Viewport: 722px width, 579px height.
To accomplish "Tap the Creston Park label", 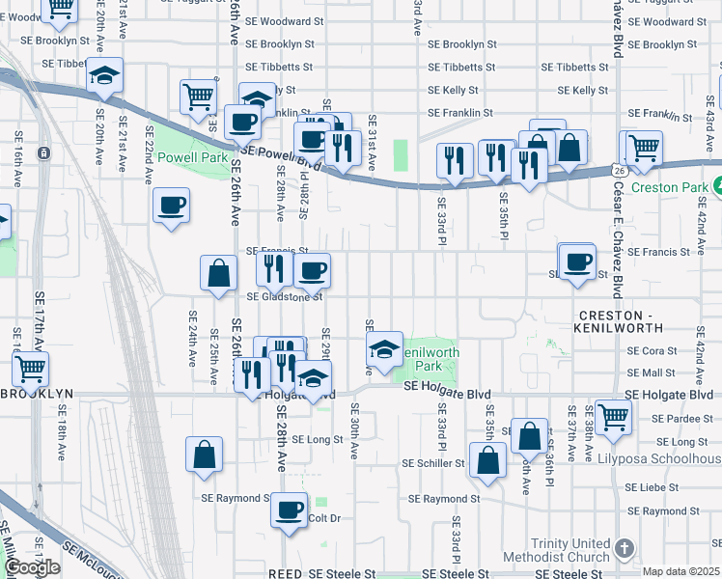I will tap(678, 186).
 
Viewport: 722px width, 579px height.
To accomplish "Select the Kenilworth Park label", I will tap(429, 360).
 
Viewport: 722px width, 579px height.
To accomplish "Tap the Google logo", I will tap(31, 567).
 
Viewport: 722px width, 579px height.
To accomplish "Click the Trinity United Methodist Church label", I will tap(556, 550).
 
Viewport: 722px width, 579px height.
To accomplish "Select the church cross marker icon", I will tap(624, 549).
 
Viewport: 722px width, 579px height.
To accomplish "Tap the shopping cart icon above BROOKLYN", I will tap(31, 367).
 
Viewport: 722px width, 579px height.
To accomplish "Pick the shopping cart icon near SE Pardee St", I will tap(613, 416).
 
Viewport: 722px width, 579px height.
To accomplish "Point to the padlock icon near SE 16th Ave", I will tap(43, 153).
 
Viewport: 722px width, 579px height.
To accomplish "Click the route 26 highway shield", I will tap(615, 171).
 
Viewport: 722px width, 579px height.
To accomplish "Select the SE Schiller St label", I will tap(432, 463).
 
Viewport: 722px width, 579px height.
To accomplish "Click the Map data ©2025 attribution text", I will tap(680, 571).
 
